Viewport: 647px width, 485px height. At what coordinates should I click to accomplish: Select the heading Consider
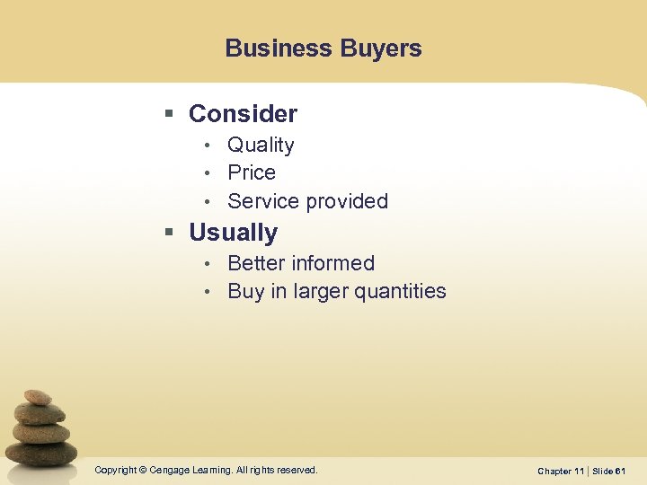click(243, 114)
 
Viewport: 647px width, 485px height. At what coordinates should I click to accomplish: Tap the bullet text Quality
click(261, 145)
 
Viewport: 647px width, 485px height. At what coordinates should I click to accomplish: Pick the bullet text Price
click(252, 172)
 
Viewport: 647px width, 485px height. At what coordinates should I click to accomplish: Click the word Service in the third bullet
click(261, 201)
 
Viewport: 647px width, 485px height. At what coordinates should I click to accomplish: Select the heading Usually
click(233, 233)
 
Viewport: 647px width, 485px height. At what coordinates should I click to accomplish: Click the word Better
click(259, 263)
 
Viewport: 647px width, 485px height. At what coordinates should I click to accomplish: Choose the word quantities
click(402, 291)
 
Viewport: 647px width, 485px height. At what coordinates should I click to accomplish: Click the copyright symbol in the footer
click(144, 470)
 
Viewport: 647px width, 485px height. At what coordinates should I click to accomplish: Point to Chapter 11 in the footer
click(560, 471)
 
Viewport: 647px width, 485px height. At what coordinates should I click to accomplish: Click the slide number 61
click(620, 471)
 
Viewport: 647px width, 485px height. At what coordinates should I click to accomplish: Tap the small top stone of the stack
click(37, 396)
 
